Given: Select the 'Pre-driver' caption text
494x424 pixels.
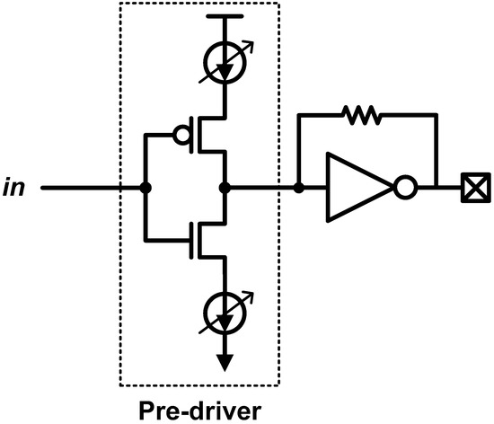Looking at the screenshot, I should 200,409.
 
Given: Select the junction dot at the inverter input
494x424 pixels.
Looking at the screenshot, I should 299,189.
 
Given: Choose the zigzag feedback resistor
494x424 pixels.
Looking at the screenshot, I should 361,114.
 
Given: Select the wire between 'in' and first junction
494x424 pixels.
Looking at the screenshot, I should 90,189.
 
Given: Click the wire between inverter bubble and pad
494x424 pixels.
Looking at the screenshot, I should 440,189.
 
